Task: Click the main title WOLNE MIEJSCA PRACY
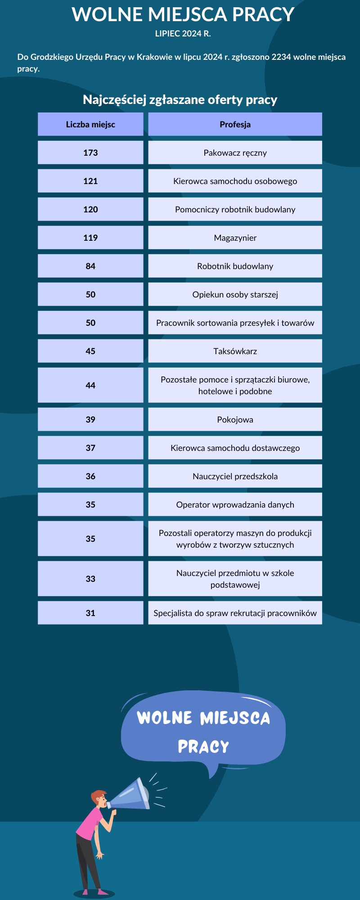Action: coord(183,15)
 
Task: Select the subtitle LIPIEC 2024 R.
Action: coord(183,34)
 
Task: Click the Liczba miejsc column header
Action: coord(90,125)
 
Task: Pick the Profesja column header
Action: coord(235,125)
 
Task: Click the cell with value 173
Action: coord(90,153)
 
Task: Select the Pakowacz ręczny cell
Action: coord(235,153)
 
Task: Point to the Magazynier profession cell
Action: coord(235,238)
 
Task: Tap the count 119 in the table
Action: coord(90,238)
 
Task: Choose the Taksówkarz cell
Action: coord(235,351)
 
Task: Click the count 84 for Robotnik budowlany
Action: coord(90,266)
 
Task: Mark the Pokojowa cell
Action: coord(235,420)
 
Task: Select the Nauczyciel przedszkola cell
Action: coord(235,477)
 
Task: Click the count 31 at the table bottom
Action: coord(90,613)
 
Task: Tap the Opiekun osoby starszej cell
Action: coord(235,295)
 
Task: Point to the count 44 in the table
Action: coord(90,386)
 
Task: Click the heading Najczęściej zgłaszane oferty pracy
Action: coord(180,100)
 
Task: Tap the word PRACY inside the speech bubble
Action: coord(203,747)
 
